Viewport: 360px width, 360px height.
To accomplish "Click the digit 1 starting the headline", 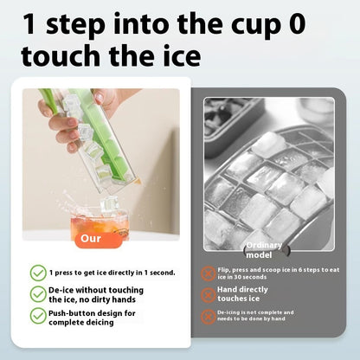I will (33, 24).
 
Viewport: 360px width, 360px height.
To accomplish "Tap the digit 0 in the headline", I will (297, 24).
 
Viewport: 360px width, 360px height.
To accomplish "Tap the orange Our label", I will (91, 238).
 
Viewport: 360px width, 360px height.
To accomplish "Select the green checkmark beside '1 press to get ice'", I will (38, 272).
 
